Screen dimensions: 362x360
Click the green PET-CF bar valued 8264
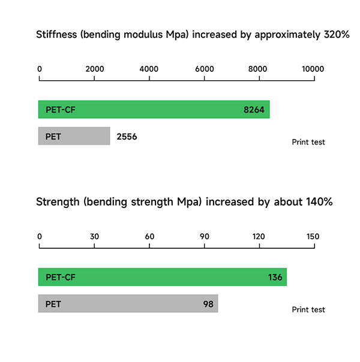154,110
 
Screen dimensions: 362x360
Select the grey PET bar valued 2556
74,136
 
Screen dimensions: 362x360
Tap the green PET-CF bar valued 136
162,277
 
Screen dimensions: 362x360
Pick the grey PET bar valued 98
128,304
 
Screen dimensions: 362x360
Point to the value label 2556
127,137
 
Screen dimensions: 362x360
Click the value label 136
275,277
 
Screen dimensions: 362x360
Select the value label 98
208,304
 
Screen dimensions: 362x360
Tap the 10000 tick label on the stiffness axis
313,69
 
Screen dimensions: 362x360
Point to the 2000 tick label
95,69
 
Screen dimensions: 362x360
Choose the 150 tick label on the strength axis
313,236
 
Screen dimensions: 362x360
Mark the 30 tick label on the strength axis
95,236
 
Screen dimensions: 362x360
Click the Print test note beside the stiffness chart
308,142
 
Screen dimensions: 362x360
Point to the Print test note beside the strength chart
308,309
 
